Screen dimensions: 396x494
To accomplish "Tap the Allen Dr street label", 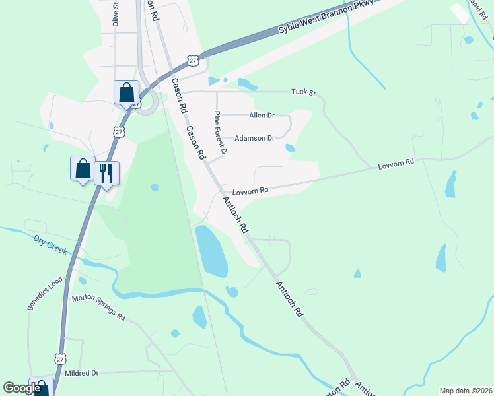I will (262, 115).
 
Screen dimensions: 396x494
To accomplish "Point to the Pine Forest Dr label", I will (220, 133).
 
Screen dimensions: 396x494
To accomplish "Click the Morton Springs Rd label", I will (98, 308).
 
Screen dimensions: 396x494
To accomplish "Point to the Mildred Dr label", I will (81, 373).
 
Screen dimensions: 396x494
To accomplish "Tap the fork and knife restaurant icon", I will (107, 174).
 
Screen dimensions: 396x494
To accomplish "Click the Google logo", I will (22, 388).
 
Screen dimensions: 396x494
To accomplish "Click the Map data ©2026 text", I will (465, 391).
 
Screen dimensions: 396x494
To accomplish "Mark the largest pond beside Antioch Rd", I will (211, 250).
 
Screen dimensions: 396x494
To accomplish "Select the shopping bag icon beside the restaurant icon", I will (83, 168).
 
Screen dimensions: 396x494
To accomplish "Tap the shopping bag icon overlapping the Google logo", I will (41, 388).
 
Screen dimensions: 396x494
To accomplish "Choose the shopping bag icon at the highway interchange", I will (126, 92).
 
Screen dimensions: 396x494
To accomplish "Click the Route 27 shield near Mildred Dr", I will (60, 359).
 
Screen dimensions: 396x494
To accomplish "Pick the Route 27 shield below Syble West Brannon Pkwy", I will (192, 60).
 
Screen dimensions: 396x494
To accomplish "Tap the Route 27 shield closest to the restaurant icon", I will (119, 132).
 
